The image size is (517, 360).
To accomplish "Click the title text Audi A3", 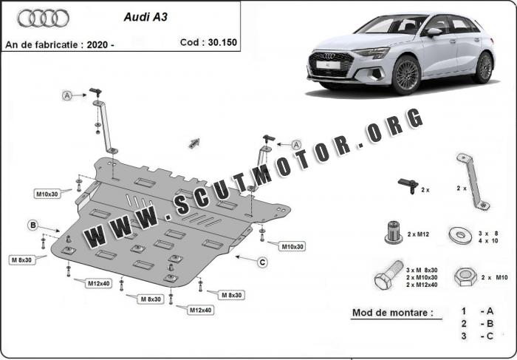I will (x=144, y=16).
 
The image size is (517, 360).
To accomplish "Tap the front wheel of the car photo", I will (x=405, y=76).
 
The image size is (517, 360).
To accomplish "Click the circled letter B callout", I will (x=33, y=225).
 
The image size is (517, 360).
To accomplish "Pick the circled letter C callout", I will (x=261, y=261).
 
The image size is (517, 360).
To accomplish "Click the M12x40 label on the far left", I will (x=98, y=283).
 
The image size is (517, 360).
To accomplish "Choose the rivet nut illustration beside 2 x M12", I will (x=392, y=233).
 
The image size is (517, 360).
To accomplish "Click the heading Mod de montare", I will (x=391, y=313).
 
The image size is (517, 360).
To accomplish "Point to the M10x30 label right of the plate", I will (x=290, y=245).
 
